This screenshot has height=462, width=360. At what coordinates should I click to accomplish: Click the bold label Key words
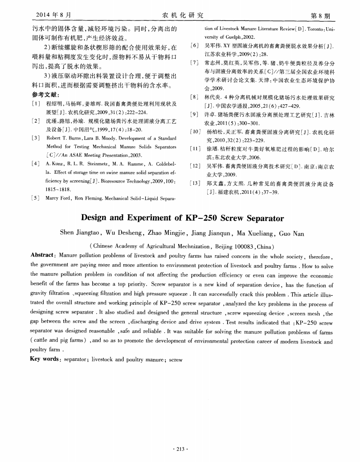tap(45, 359)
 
